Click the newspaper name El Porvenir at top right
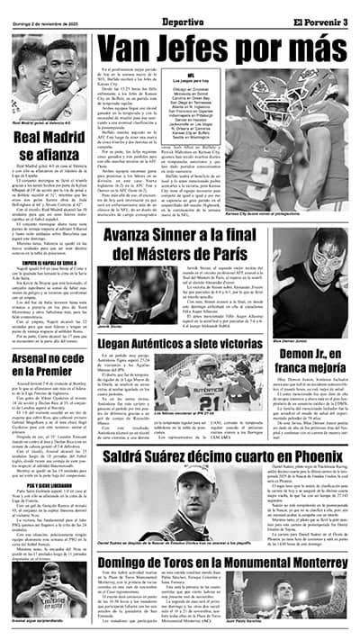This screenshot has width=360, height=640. click(323, 9)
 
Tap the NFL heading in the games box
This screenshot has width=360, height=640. click(205, 78)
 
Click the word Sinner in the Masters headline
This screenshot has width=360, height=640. click(195, 237)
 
